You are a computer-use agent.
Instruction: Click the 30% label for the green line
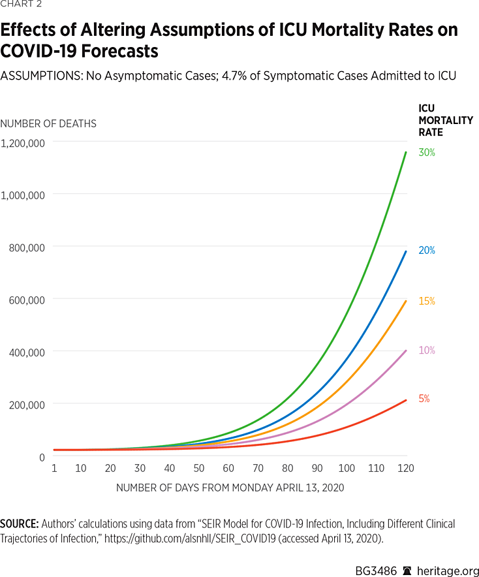point(427,153)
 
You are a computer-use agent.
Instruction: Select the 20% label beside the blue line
point(427,251)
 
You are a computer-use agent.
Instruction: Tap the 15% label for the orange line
point(427,302)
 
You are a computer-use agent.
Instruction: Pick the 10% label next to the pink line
point(427,351)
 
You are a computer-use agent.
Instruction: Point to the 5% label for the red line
point(424,399)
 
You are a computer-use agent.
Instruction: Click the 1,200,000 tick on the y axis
point(23,142)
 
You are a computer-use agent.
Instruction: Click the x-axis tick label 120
point(405,469)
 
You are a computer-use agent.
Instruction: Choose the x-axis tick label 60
point(228,469)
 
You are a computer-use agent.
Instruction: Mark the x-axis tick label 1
point(54,469)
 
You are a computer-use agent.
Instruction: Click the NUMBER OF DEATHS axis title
point(48,124)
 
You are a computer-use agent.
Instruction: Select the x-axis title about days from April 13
point(230,488)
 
